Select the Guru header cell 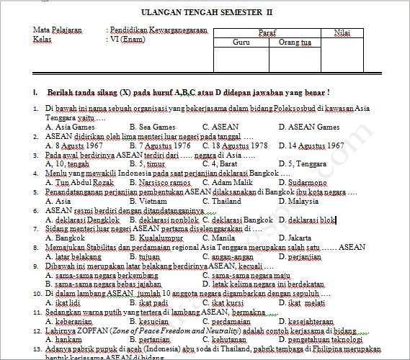[241, 42]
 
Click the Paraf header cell [267, 32]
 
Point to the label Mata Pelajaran [57, 30]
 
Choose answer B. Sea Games [153, 127]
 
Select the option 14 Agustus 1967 [311, 145]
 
